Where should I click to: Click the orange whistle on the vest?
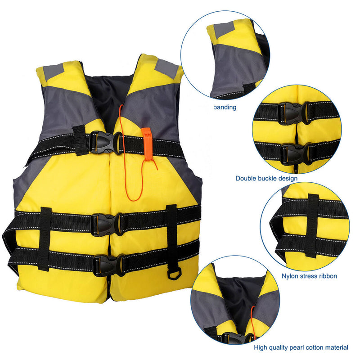coord(146,143)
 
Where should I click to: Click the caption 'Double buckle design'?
coord(266,178)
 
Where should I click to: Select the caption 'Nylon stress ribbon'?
coord(309,276)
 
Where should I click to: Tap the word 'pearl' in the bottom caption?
coord(297,347)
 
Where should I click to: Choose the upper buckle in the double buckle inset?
coord(293,113)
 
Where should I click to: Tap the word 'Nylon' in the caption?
coord(290,276)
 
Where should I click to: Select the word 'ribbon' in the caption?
coord(327,276)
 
